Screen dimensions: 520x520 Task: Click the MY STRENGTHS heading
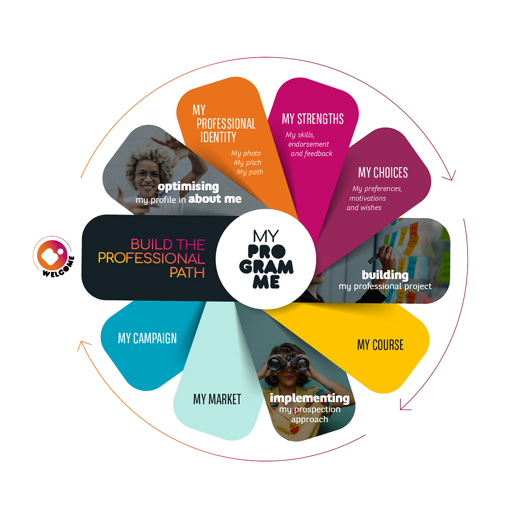pyautogui.click(x=312, y=119)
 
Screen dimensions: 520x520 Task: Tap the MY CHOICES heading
pyautogui.click(x=383, y=172)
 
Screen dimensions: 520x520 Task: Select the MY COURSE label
pyautogui.click(x=380, y=345)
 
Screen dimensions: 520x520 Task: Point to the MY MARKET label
pyautogui.click(x=217, y=399)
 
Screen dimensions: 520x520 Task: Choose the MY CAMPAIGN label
pyautogui.click(x=147, y=338)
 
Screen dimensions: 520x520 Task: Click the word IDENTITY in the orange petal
pyautogui.click(x=218, y=137)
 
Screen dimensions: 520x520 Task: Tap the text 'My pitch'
pyautogui.click(x=247, y=162)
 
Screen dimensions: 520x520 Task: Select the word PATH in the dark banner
pyautogui.click(x=187, y=273)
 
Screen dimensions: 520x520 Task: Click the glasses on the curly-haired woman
pyautogui.click(x=147, y=175)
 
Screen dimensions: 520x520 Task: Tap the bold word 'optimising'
pyautogui.click(x=188, y=187)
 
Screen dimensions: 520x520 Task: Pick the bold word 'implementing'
pyautogui.click(x=309, y=398)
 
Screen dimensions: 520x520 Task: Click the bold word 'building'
pyautogui.click(x=385, y=275)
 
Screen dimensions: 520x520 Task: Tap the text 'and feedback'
pyautogui.click(x=311, y=153)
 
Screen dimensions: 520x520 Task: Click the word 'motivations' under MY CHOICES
pyautogui.click(x=367, y=198)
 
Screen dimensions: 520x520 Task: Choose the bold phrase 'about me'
pyautogui.click(x=214, y=199)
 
